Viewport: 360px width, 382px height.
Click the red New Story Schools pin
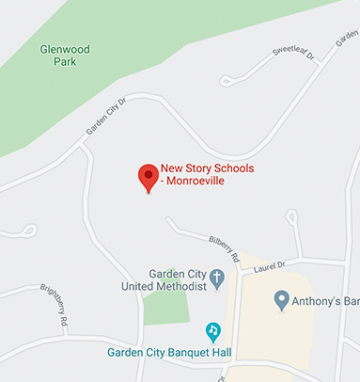click(x=148, y=176)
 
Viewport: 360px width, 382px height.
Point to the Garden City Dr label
click(x=105, y=116)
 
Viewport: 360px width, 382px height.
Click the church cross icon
click(x=217, y=279)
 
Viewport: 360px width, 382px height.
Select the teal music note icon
click(x=213, y=331)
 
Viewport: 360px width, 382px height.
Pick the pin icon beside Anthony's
click(x=280, y=300)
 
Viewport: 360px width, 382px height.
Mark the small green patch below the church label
click(x=165, y=307)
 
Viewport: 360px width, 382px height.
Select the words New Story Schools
click(x=207, y=168)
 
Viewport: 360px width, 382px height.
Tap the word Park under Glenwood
click(x=65, y=62)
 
